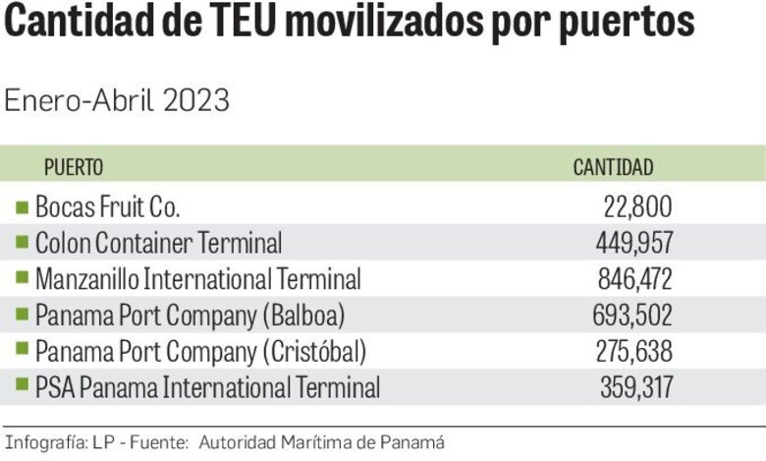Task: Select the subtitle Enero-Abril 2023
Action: [117, 100]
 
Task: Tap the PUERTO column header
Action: [74, 167]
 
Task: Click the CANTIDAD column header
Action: [613, 167]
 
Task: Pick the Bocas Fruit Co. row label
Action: [108, 206]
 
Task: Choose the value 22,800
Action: [637, 206]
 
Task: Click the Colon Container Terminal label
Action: [158, 242]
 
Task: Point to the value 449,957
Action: [633, 242]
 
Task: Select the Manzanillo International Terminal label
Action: [197, 279]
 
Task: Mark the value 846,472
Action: [634, 279]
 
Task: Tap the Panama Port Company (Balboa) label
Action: [190, 316]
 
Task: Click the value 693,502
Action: [633, 316]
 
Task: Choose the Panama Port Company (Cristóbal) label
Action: [200, 351]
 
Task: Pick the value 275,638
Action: [633, 351]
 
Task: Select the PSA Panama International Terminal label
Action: [207, 387]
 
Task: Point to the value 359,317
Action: [635, 387]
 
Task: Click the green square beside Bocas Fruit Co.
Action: [23, 206]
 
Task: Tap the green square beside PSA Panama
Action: [23, 387]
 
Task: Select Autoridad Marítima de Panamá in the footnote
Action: [322, 442]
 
